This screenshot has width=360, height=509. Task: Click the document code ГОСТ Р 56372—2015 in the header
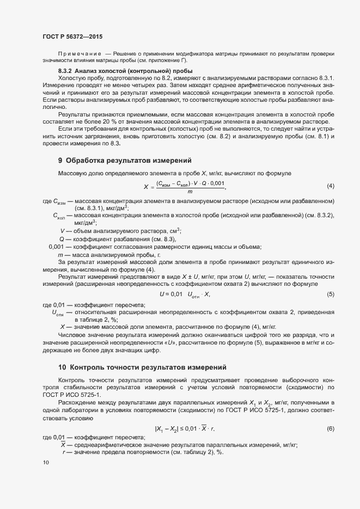[x=72, y=36]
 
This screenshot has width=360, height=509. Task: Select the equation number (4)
[x=330, y=186]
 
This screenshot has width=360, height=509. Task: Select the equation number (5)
[x=330, y=295]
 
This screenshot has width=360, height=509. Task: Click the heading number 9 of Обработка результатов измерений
[x=60, y=161]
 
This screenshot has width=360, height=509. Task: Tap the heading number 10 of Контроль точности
[x=62, y=367]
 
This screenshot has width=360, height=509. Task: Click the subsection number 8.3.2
[x=65, y=71]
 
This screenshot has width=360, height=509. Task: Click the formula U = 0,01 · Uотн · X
[x=185, y=295]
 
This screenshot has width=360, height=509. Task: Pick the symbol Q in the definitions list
[x=62, y=239]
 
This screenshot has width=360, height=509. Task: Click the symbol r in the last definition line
[x=64, y=452]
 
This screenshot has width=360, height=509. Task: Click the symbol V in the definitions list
[x=62, y=231]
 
